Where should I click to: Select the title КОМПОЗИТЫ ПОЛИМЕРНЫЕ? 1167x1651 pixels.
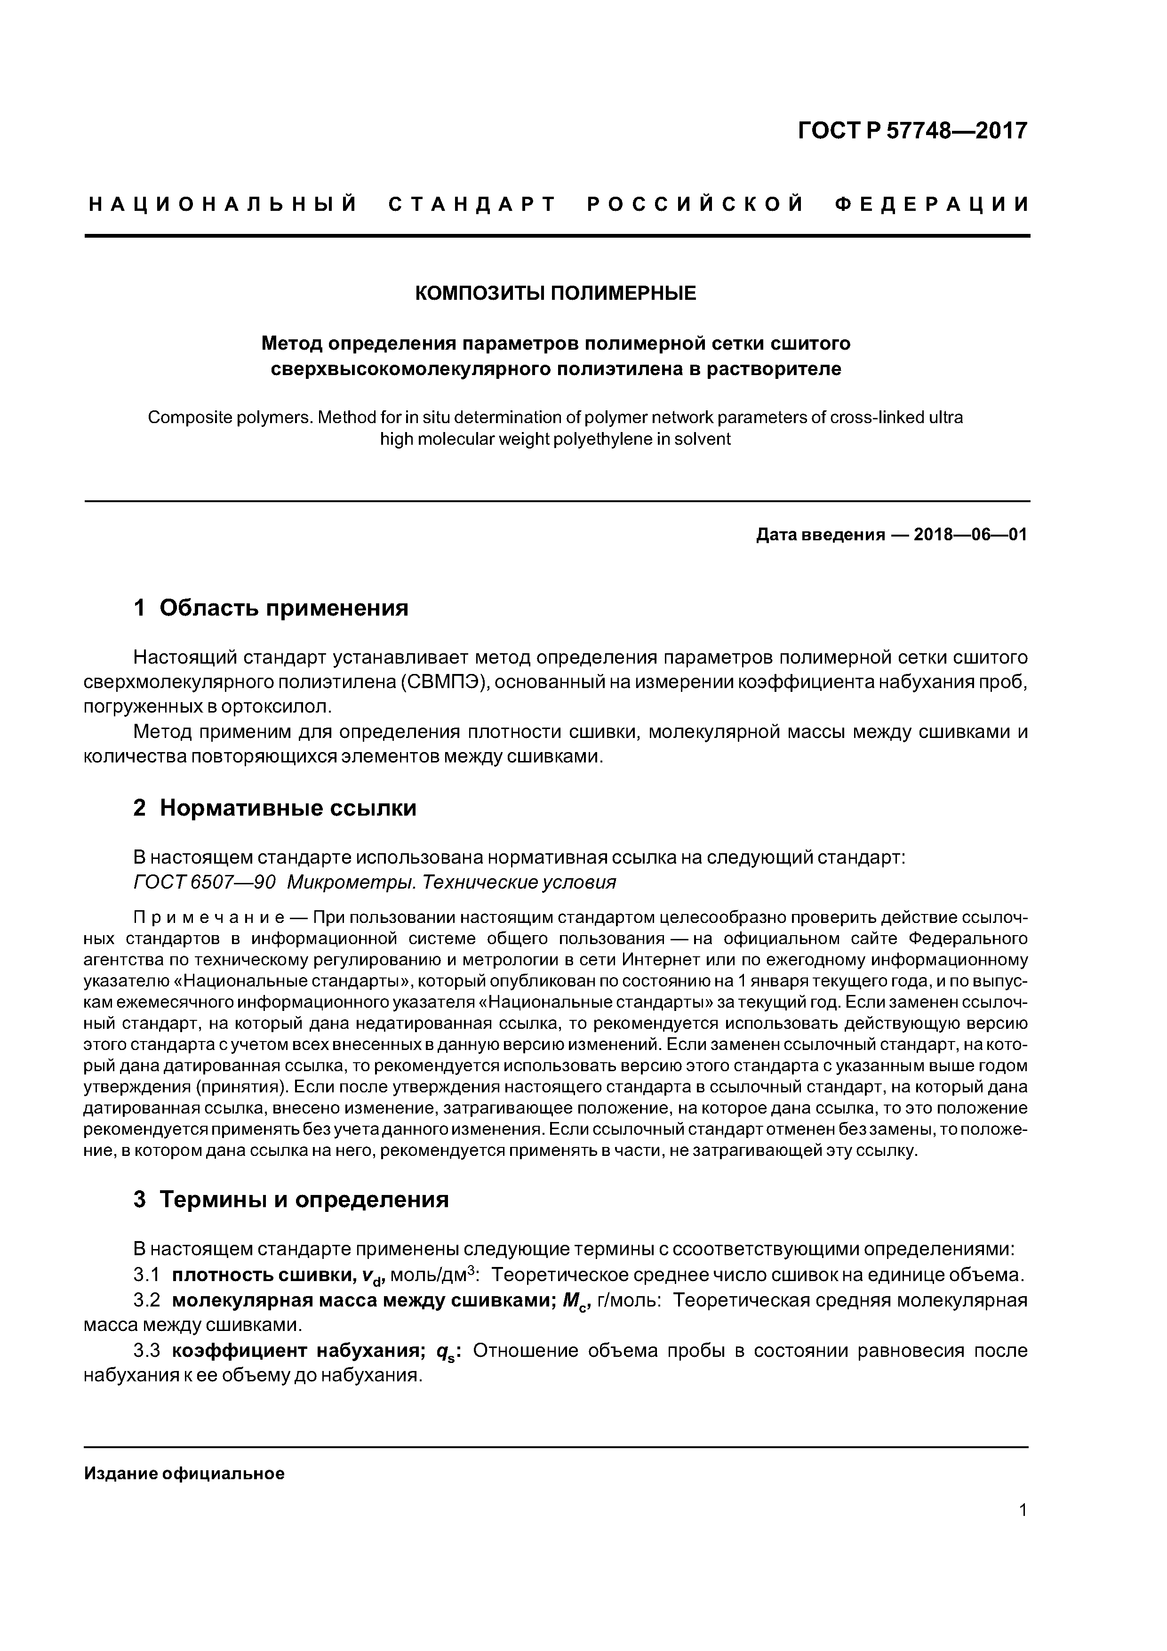click(556, 293)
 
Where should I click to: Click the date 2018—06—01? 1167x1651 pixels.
click(970, 535)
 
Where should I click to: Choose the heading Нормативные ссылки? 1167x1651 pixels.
click(288, 808)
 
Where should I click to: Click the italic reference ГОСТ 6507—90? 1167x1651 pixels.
click(205, 882)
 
